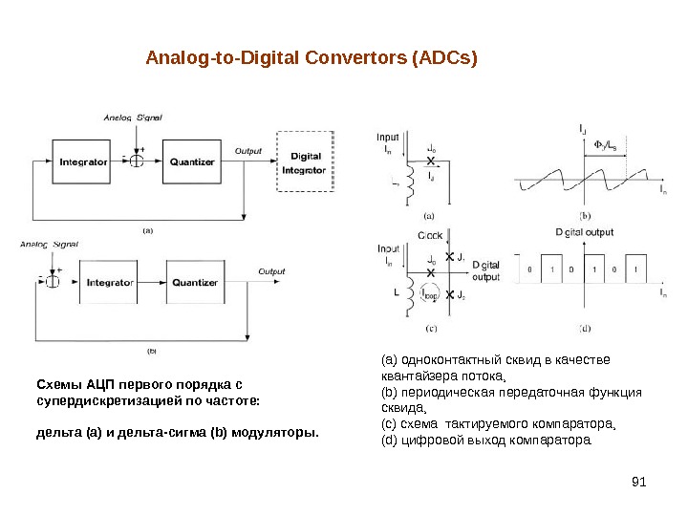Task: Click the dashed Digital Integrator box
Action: [x=305, y=163]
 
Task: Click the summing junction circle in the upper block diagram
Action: [x=138, y=161]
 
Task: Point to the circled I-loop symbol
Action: [x=430, y=295]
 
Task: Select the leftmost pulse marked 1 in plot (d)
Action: [x=551, y=270]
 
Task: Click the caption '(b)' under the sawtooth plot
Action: [x=585, y=215]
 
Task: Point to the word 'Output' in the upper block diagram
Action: [x=248, y=151]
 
